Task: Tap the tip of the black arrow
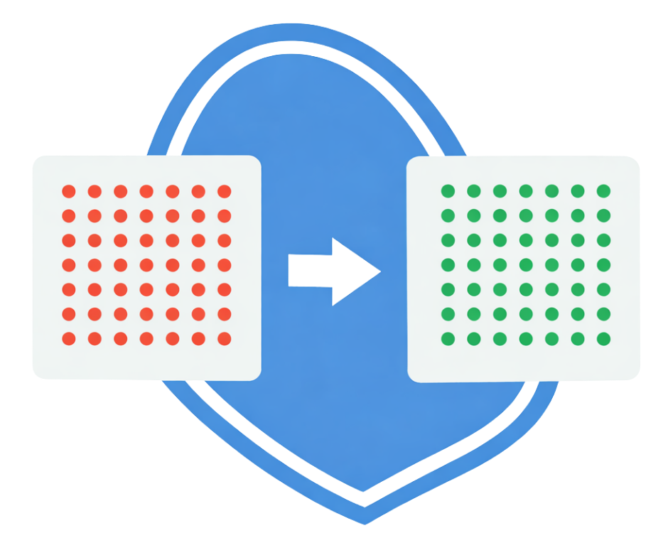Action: [379, 271]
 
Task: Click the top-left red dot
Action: [69, 191]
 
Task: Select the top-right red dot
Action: [225, 191]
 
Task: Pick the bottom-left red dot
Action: [69, 338]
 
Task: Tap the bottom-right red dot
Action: [225, 338]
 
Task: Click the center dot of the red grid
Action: [146, 265]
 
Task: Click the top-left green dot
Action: [448, 191]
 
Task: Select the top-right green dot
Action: [603, 191]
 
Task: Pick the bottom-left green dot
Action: [448, 338]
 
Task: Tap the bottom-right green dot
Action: [603, 338]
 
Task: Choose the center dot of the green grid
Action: [526, 265]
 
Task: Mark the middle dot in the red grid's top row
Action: [146, 191]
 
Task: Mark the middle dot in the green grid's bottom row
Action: [526, 338]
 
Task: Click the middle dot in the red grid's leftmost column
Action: [69, 265]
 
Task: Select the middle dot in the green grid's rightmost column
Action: [603, 265]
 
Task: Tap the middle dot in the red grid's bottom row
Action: [146, 338]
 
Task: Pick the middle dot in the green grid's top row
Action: [526, 191]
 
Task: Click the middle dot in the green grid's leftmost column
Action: [448, 265]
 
